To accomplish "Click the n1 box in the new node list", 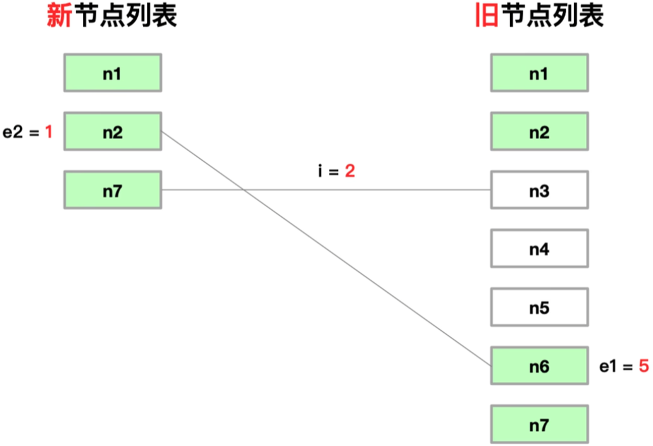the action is [113, 73].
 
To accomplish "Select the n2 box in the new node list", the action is [113, 131].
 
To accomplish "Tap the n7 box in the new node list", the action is [113, 190].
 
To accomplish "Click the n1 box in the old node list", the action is [539, 73].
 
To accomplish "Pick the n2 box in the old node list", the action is [539, 131].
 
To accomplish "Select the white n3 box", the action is [539, 190].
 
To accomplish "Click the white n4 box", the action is [539, 248].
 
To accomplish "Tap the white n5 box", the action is [539, 307].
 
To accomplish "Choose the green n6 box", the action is [539, 366].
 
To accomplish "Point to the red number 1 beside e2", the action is [49, 132].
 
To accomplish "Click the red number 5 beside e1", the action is [644, 366].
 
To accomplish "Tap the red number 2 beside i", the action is [350, 171].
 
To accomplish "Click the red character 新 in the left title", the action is [59, 15].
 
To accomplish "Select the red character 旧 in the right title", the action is [487, 15].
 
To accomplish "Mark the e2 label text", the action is [13, 132].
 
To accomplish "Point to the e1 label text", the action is [609, 366].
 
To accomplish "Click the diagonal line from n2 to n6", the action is [326, 249].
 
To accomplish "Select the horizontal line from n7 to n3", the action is [326, 190].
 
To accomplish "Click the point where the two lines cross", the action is [244, 190].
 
